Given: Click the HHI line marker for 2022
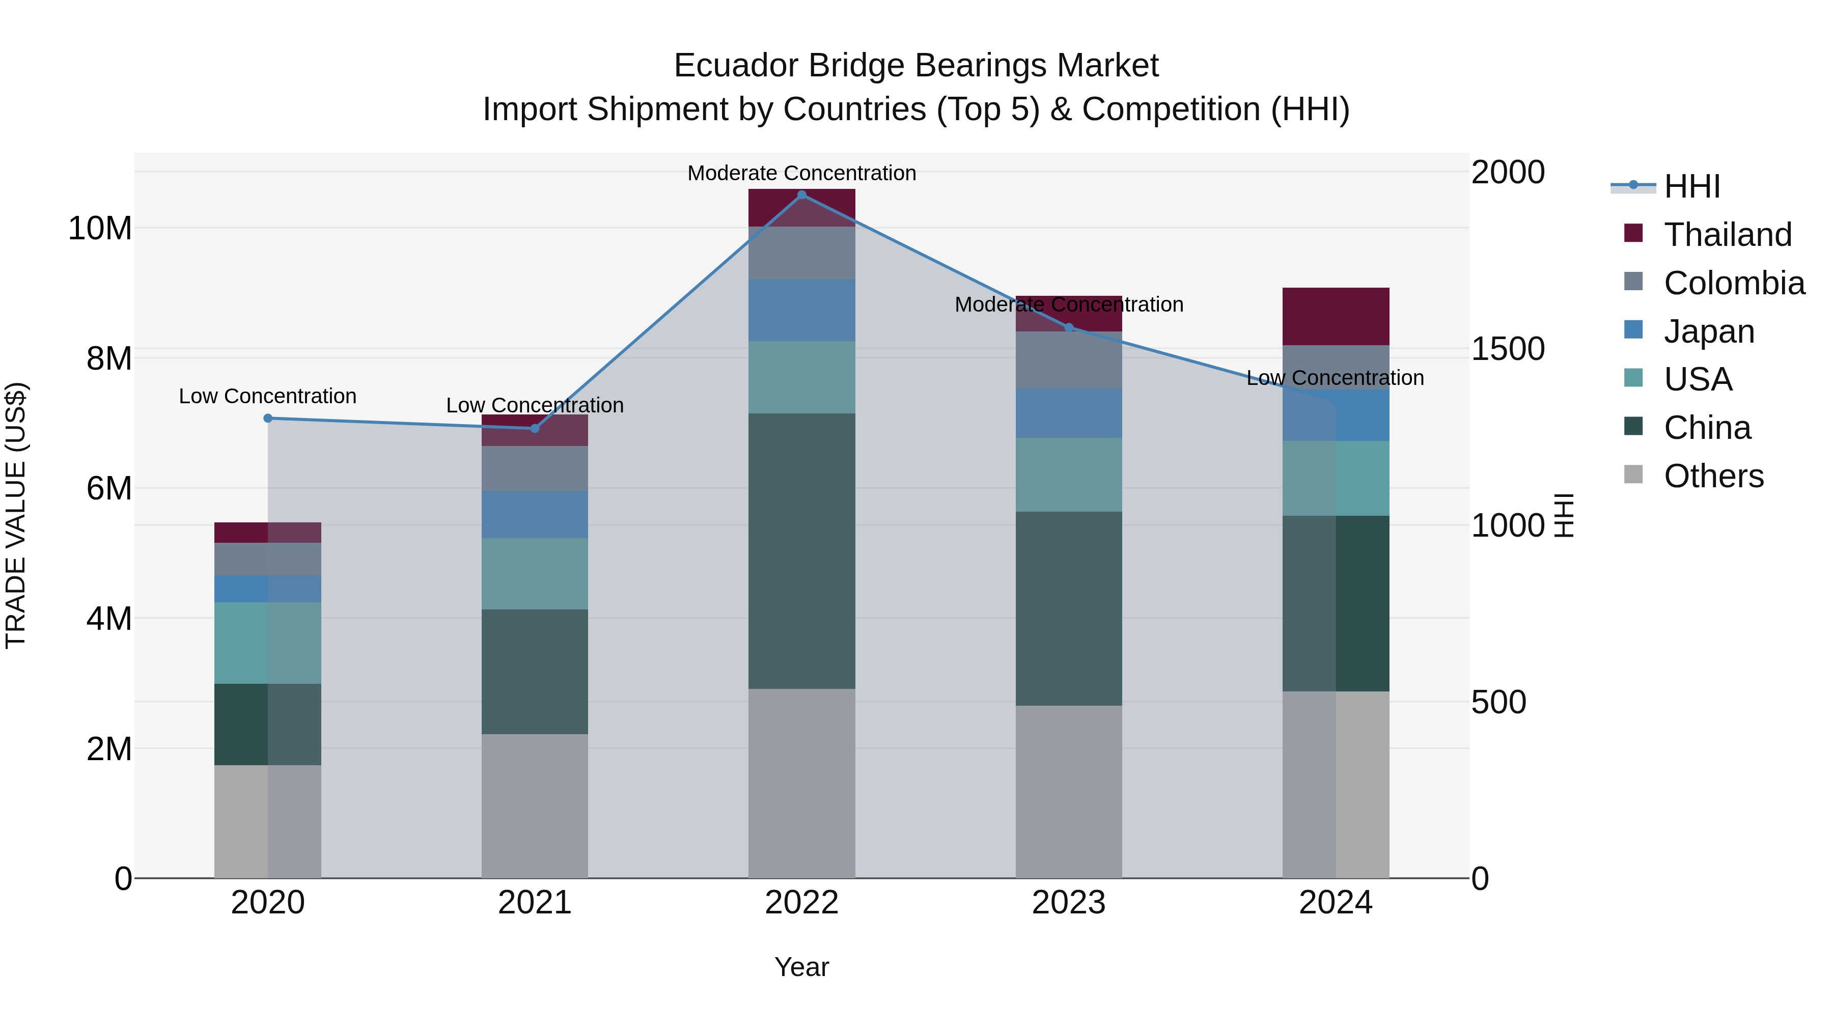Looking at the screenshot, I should pos(802,195).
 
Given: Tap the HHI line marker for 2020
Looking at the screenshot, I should pos(267,419).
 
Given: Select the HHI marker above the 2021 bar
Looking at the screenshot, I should pos(535,428).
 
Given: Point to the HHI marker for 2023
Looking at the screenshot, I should pos(1069,328).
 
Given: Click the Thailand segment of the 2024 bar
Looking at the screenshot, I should pos(1336,317).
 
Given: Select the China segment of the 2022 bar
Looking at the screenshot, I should pos(802,551).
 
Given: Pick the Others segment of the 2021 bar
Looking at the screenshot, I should pos(535,805).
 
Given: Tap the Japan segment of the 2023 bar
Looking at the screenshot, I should pos(1069,413).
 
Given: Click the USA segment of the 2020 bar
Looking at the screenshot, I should pos(267,643).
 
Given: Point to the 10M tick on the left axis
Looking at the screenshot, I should pos(100,229).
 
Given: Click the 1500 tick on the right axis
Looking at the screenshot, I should pos(1507,349).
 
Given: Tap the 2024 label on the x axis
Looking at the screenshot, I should pos(1336,903).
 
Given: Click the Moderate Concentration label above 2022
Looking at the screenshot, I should pos(802,173).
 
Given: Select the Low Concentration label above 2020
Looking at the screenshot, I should pos(267,396).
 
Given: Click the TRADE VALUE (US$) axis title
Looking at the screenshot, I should pos(16,515).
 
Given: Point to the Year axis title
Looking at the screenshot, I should pos(802,967).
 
